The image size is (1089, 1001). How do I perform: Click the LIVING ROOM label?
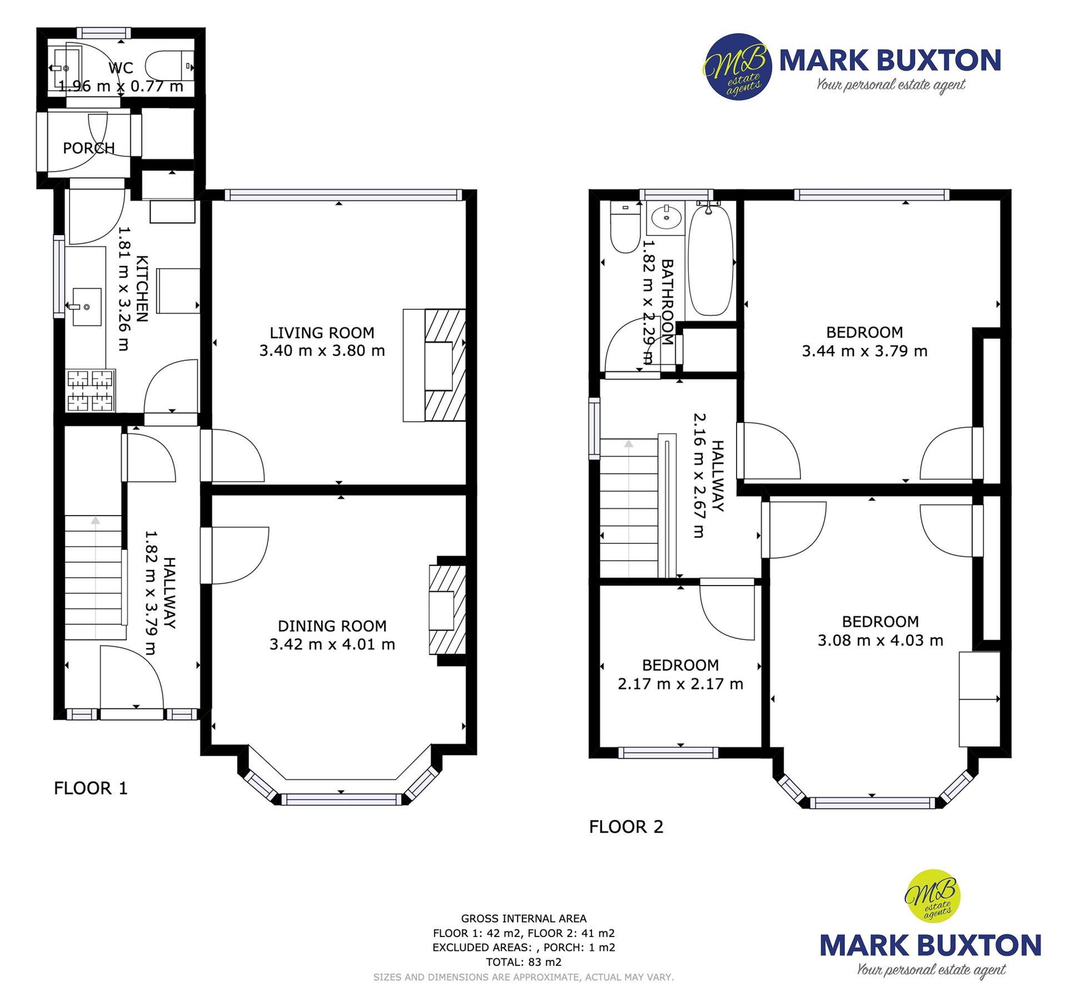click(322, 333)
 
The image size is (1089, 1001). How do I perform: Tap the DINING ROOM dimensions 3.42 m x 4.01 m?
click(332, 645)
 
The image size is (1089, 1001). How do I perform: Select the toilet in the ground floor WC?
click(167, 66)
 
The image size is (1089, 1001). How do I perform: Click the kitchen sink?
click(86, 306)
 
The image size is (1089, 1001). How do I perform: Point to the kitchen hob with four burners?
click(90, 391)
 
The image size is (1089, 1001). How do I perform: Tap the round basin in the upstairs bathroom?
click(666, 217)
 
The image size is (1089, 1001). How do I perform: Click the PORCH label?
click(88, 148)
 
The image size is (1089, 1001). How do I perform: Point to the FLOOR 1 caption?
click(91, 788)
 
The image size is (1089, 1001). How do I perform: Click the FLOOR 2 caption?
click(626, 827)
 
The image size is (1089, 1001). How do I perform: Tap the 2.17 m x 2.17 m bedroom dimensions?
click(680, 684)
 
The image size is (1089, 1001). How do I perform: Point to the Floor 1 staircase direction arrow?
click(96, 521)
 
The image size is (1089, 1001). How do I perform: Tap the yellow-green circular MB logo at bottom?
click(933, 896)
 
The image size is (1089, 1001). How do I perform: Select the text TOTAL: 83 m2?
click(524, 962)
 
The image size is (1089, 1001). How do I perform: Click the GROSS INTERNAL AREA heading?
click(524, 919)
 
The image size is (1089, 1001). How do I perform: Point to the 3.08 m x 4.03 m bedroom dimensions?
click(880, 641)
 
